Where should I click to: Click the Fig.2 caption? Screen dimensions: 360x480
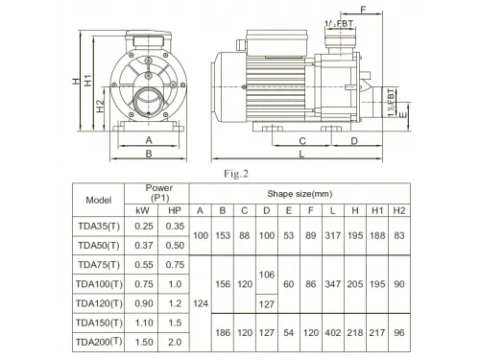point(237,174)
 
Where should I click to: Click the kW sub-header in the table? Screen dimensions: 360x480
point(143,210)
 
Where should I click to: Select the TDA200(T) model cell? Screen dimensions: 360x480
point(100,341)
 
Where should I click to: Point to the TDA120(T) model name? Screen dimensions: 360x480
point(100,302)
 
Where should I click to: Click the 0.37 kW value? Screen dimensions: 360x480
point(143,245)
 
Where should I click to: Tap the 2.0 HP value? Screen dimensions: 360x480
point(175,341)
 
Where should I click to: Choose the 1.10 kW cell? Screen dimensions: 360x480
point(143,322)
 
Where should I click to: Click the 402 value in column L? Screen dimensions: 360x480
point(332,331)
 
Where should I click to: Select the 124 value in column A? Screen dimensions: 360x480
point(201,302)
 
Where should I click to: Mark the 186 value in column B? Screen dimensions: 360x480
point(223,331)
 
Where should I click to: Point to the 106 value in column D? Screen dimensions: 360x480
point(267,275)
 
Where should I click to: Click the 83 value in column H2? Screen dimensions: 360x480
point(400,235)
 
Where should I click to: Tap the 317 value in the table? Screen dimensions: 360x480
point(332,235)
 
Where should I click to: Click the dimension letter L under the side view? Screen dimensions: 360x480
point(301,153)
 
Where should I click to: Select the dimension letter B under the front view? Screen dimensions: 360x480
point(148,153)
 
